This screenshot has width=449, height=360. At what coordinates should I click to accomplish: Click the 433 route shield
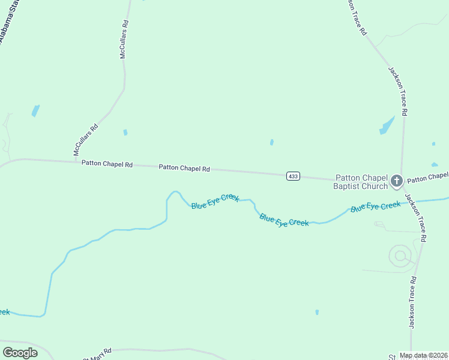(293, 176)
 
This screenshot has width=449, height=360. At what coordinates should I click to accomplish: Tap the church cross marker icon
(396, 180)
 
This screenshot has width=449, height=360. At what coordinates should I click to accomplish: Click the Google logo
(20, 353)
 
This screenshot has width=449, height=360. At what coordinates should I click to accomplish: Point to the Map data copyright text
(423, 355)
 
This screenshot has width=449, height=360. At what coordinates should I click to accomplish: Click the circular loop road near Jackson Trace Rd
(400, 256)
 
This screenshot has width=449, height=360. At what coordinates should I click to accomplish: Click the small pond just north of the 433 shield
(272, 142)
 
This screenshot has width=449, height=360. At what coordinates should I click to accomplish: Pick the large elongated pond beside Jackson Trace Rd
(387, 125)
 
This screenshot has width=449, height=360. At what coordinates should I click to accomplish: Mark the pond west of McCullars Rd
(35, 110)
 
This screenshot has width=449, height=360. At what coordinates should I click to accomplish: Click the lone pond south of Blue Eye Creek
(317, 312)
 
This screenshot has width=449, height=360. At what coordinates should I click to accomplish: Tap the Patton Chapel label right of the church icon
(427, 178)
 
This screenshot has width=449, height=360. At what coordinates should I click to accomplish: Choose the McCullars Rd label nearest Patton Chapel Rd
(85, 140)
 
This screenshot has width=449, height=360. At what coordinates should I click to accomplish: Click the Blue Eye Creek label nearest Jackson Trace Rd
(376, 206)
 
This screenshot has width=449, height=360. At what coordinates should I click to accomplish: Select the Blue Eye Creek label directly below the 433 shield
(284, 219)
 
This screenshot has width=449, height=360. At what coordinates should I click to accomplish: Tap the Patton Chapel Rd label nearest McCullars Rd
(107, 163)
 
